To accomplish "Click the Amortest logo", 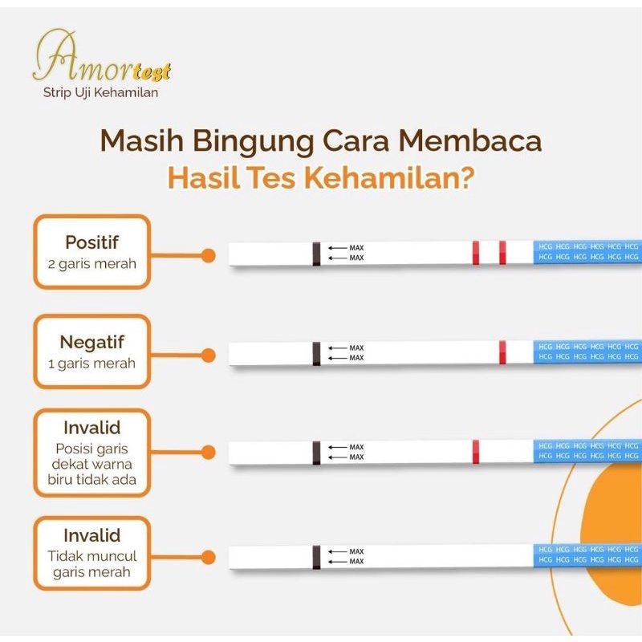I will (100, 59).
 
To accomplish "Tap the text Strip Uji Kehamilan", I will (100, 93).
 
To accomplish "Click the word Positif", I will (91, 242).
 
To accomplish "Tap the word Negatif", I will (91, 343).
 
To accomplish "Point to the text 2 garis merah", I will (91, 262).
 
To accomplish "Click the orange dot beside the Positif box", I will (208, 255).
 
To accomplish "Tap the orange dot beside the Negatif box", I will (208, 355).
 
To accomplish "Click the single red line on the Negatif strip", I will (502, 352).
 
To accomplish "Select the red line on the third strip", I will (476, 451).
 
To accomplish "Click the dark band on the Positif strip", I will (316, 254).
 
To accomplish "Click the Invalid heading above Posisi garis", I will (91, 427).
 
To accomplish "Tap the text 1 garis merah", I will (91, 363).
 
